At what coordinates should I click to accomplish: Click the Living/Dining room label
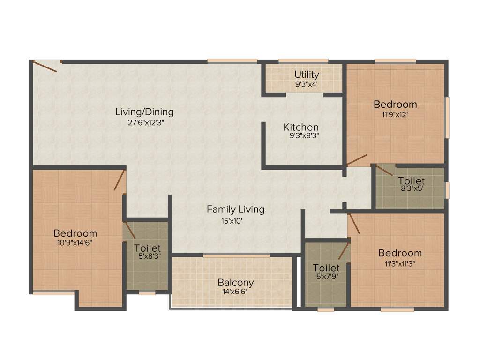[145, 112]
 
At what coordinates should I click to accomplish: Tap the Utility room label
[307, 75]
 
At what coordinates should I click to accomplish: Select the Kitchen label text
[301, 127]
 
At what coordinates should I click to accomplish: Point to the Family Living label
[235, 210]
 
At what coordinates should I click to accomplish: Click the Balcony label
[236, 283]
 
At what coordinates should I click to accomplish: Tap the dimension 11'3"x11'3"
[400, 263]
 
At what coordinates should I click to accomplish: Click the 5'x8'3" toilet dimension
[147, 257]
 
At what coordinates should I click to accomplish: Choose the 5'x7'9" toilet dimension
[326, 277]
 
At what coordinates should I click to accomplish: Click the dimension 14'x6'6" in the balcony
[236, 292]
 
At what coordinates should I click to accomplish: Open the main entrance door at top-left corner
[46, 66]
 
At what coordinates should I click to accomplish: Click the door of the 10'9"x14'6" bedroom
[120, 180]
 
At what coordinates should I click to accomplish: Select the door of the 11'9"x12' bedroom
[357, 160]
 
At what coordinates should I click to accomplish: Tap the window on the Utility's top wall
[303, 60]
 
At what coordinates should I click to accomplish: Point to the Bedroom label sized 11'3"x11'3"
[400, 253]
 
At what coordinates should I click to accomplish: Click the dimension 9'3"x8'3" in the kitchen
[301, 136]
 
